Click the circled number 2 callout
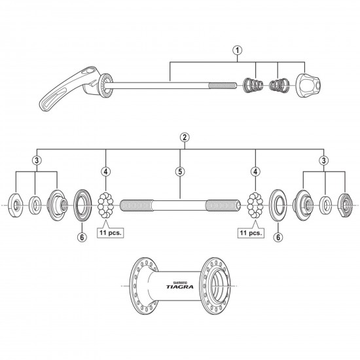(185, 137)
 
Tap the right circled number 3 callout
(324, 161)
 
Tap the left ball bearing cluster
(107, 205)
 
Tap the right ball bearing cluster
(255, 205)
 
